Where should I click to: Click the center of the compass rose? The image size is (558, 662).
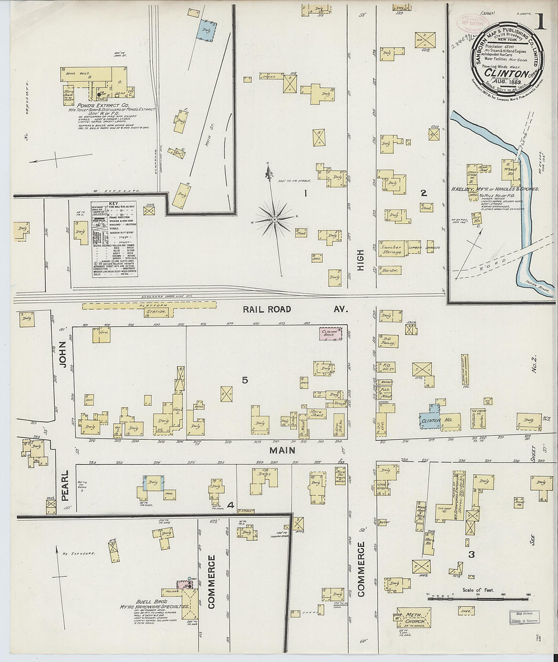point(274,219)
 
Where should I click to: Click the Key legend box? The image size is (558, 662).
point(114,238)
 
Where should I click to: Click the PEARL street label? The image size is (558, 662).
point(65,491)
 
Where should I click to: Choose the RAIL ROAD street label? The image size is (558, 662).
point(266,309)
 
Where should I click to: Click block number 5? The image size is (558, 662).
point(245,380)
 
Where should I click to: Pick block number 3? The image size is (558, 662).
point(471,554)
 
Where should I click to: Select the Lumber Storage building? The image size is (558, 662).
point(392,247)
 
